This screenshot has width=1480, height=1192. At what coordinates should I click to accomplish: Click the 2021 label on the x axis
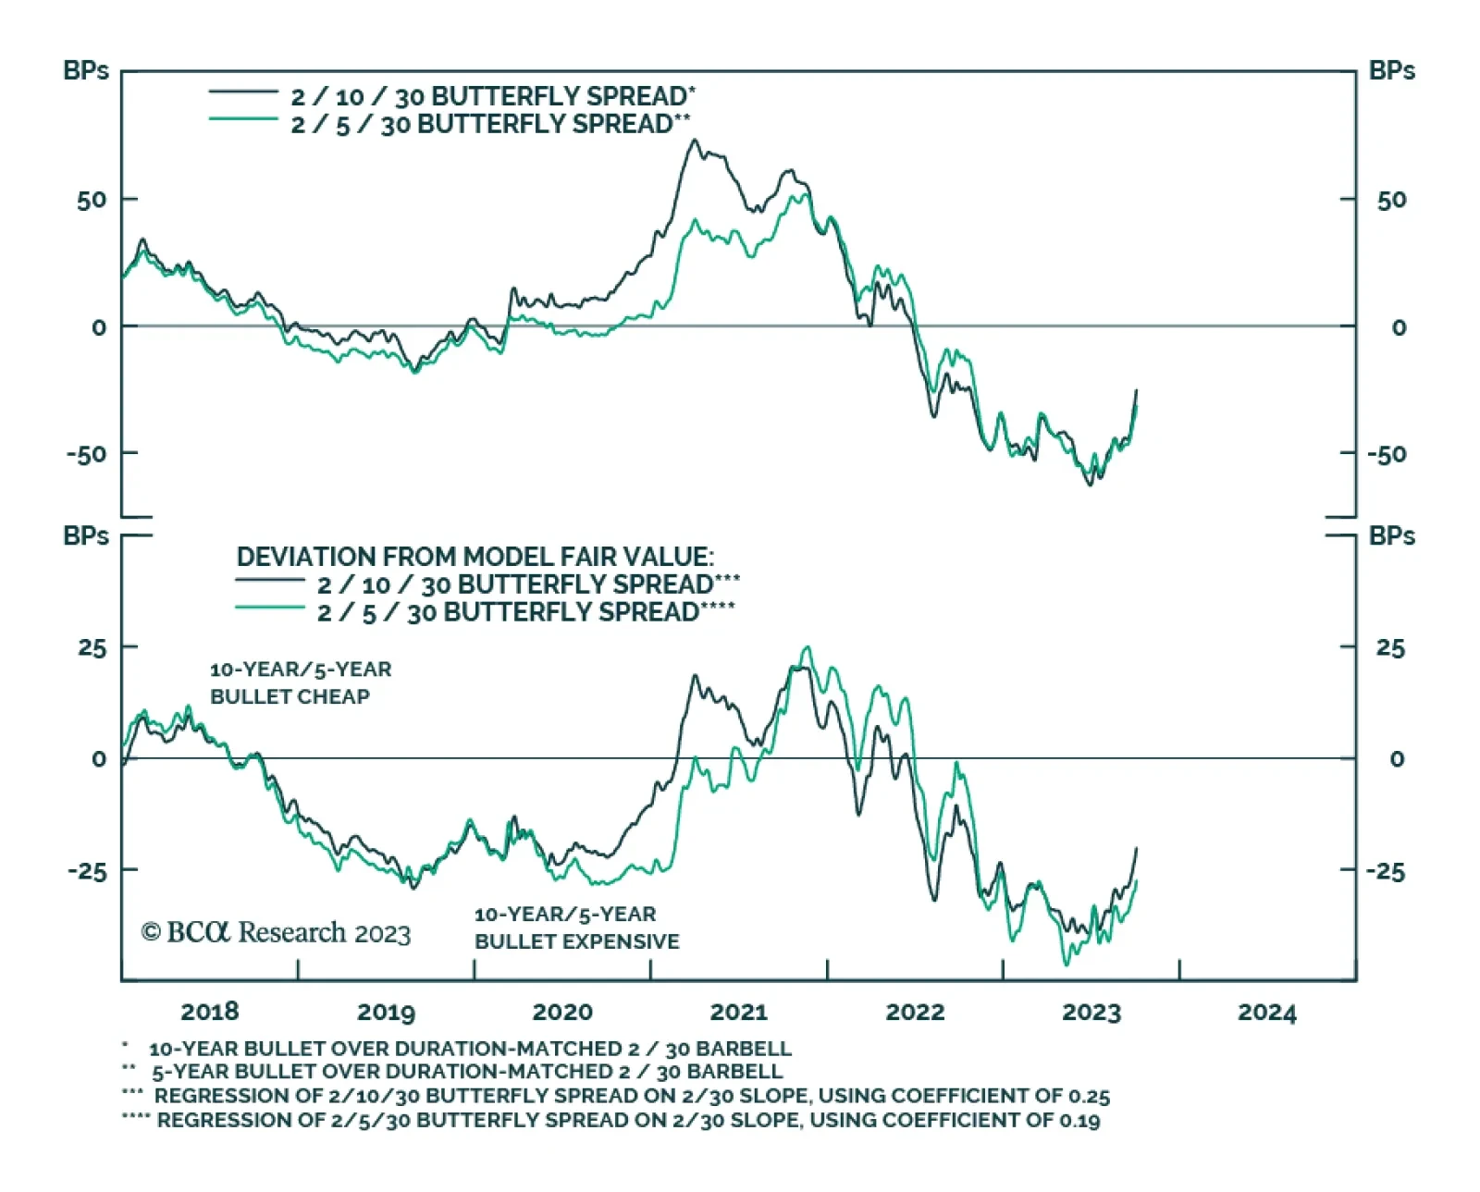click(x=738, y=1013)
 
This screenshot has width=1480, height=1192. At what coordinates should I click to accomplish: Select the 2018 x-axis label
click(x=210, y=1012)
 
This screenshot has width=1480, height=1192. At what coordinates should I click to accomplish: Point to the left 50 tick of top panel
click(x=92, y=200)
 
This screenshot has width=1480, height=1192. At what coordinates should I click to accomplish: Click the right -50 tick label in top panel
click(x=1387, y=455)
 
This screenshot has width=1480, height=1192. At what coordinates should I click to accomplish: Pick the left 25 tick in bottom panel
click(x=92, y=647)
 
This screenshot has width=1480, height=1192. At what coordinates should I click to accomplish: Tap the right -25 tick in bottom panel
click(x=1386, y=872)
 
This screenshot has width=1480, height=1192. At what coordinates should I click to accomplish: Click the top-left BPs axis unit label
click(x=86, y=71)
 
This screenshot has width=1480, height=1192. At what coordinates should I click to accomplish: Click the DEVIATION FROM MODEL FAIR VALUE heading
click(x=475, y=557)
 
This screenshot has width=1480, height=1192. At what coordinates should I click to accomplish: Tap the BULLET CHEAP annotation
click(x=290, y=697)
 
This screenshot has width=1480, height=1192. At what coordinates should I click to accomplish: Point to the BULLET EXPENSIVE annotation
click(x=577, y=941)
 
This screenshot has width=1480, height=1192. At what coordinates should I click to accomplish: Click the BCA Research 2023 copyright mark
click(x=276, y=932)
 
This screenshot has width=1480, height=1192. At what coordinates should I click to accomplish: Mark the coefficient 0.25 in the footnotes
click(x=1089, y=1097)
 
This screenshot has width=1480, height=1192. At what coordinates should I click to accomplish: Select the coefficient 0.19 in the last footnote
click(x=1079, y=1121)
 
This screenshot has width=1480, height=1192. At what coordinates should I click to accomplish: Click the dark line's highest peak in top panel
click(x=695, y=141)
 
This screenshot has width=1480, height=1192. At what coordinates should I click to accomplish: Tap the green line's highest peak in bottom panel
click(x=808, y=647)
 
